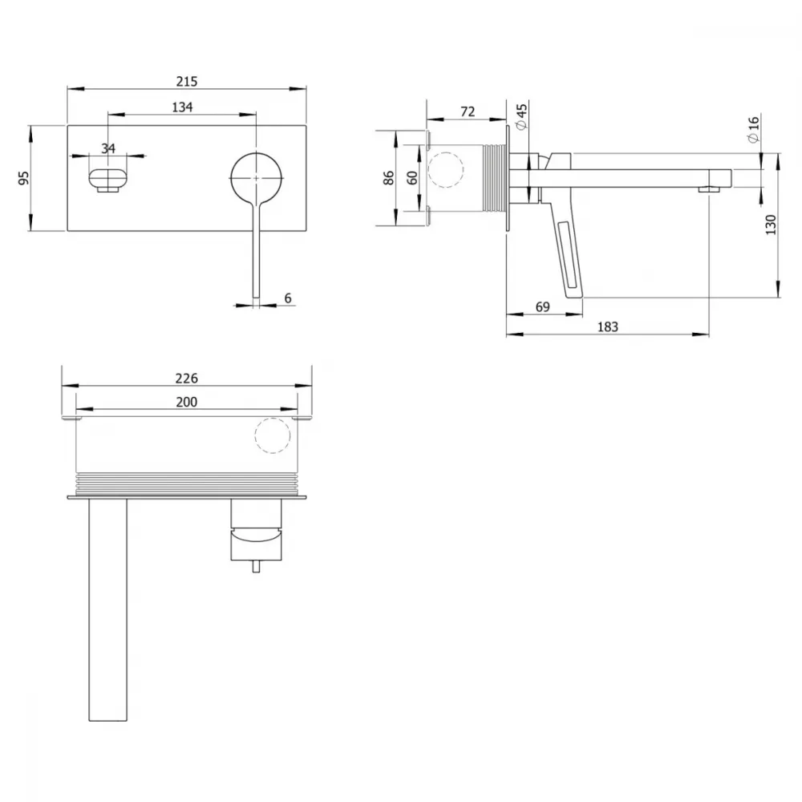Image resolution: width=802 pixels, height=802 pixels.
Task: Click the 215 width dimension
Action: pos(187,81)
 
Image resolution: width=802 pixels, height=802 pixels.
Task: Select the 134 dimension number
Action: pos(182,107)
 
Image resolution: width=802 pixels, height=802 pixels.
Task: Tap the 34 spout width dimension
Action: pos(108,148)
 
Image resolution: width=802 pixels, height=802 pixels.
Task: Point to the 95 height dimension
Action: pos(23,178)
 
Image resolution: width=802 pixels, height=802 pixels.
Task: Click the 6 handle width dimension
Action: pos(288,298)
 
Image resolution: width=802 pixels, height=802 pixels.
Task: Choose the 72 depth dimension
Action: pos(468,111)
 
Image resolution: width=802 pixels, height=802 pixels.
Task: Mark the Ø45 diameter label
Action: pos(521,117)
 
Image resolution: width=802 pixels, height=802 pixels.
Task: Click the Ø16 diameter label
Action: pos(753,129)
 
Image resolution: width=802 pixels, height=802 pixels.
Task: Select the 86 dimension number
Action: pos(388,177)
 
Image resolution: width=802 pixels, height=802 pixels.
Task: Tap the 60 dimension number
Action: pos(411,177)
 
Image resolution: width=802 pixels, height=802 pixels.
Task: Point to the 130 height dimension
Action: pos(770,225)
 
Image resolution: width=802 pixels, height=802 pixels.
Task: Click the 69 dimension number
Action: pos(543,306)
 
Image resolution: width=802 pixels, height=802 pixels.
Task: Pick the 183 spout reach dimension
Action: pos(608,326)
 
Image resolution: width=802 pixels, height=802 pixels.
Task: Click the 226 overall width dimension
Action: pos(186,378)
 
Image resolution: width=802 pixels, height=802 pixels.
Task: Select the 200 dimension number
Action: pos(186,402)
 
